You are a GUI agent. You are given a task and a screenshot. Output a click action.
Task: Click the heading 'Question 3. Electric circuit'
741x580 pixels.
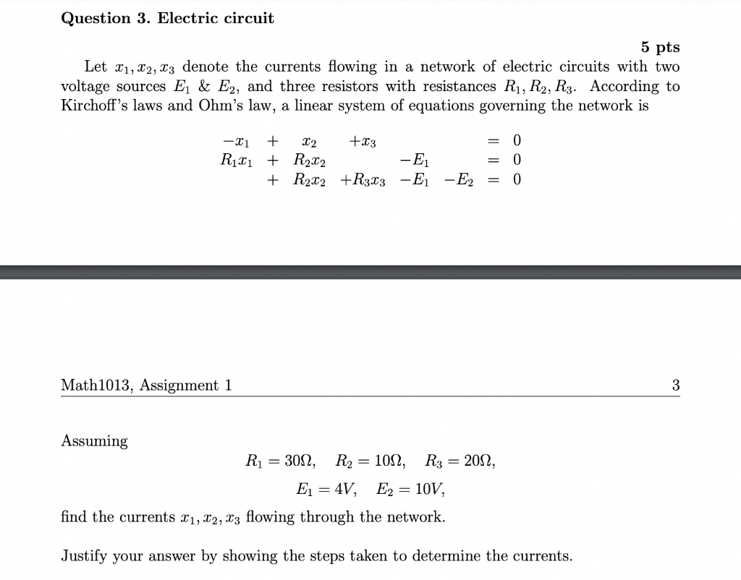(167, 19)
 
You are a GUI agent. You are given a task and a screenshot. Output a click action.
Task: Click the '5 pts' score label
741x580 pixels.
(660, 48)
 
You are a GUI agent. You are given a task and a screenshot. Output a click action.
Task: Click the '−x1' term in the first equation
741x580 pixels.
(234, 140)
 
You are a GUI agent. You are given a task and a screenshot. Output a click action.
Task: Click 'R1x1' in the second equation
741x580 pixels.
(234, 159)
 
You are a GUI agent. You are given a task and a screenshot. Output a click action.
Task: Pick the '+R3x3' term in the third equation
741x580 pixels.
(363, 179)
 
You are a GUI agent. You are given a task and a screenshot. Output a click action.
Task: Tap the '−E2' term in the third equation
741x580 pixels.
(460, 179)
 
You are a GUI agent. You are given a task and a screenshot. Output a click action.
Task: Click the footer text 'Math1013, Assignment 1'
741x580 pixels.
(146, 385)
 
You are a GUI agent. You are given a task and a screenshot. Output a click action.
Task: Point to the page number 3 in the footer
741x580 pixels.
(675, 385)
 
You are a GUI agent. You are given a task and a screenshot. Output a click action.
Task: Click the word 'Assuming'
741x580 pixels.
(95, 441)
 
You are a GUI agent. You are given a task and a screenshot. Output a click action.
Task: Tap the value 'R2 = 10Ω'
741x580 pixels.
(370, 461)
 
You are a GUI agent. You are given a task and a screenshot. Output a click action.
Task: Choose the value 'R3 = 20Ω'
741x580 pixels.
(460, 461)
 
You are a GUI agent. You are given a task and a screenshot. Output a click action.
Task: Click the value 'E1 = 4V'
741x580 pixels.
(326, 489)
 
